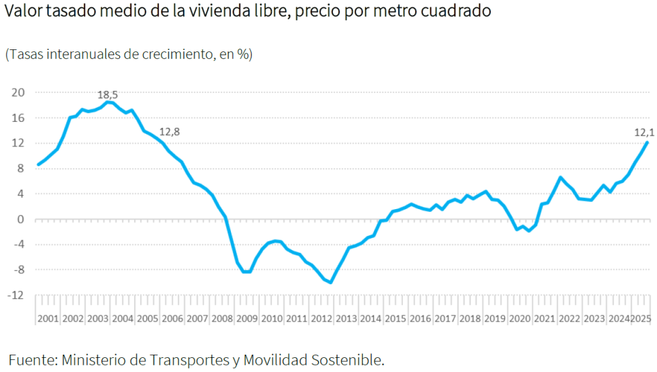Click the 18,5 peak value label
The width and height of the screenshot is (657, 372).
point(107,95)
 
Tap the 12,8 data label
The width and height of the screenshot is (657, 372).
point(169,131)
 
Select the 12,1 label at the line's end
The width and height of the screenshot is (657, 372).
point(644,133)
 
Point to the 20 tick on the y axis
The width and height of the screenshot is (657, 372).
point(19,92)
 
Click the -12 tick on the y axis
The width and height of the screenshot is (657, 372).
point(17,296)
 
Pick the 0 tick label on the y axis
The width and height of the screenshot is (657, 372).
point(21,219)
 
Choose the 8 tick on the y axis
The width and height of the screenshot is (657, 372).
point(21,169)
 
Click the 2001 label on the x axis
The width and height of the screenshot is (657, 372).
point(48,319)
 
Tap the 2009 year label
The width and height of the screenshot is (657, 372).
point(246,319)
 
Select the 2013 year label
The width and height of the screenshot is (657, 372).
point(346,319)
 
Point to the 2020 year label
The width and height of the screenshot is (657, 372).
point(519,319)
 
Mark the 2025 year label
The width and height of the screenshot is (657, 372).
point(642,319)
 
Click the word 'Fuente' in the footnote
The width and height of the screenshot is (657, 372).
point(30,360)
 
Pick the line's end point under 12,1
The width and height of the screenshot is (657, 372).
point(647,142)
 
